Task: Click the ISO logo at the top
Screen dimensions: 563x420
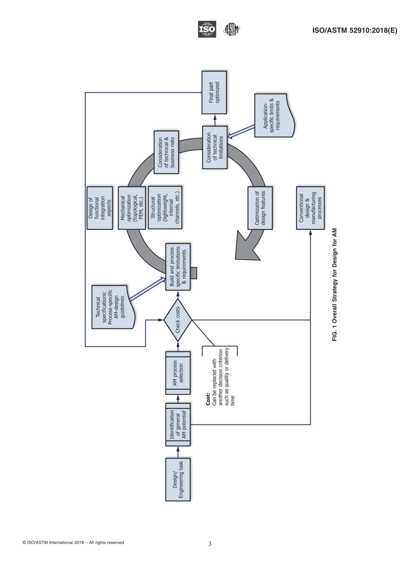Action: tap(207, 30)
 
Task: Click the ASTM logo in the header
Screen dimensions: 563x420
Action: tap(232, 30)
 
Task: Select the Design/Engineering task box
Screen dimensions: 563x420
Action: tap(178, 479)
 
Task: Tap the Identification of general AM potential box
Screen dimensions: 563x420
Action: tap(178, 424)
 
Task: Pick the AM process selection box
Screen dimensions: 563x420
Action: tap(178, 373)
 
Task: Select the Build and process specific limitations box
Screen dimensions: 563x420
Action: tap(178, 267)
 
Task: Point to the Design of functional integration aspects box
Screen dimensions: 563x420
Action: tap(99, 208)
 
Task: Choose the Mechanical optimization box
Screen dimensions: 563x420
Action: tap(131, 208)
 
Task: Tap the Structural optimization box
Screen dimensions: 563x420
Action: tap(165, 208)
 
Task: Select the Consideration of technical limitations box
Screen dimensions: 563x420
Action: tap(215, 147)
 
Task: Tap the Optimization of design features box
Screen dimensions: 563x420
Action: tap(260, 208)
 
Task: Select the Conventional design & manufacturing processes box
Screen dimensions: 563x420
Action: tap(310, 208)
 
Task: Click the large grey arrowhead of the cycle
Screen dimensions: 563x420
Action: tap(248, 244)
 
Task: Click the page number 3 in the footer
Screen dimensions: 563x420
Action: tap(210, 544)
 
